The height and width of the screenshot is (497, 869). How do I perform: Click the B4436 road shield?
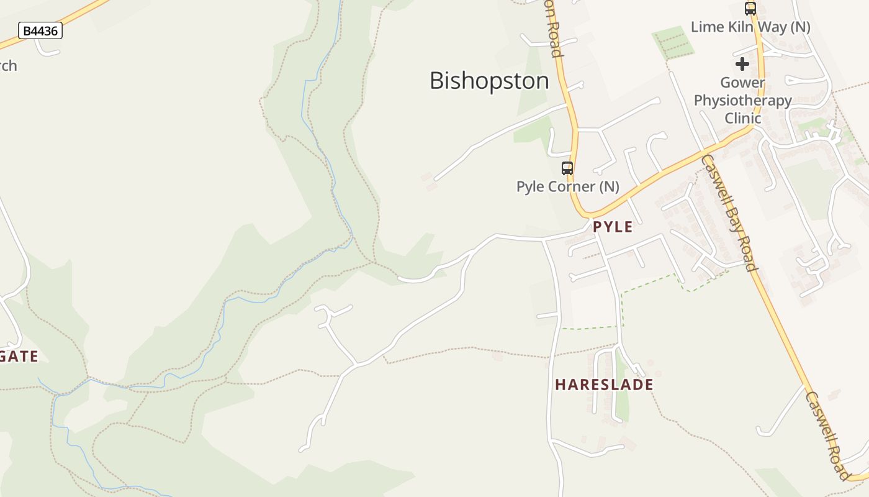(x=40, y=30)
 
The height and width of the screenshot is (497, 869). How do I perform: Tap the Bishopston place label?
(x=489, y=81)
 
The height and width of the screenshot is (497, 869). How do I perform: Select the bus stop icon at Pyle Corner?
(x=567, y=168)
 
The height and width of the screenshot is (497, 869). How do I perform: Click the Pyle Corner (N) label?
(x=567, y=186)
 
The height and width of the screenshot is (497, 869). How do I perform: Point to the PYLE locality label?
(x=613, y=227)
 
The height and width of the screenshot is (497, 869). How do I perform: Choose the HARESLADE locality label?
(x=604, y=385)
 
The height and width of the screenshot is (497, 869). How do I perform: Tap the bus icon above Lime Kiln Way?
(x=750, y=9)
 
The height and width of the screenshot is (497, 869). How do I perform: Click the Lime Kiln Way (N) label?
(x=750, y=27)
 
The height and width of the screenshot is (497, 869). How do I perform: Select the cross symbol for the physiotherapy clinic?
(x=742, y=64)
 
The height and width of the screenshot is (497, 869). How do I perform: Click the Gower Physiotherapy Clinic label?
(x=742, y=100)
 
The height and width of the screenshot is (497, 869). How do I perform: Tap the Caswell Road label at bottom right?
(x=827, y=435)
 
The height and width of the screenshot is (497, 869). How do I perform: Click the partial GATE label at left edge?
(x=19, y=357)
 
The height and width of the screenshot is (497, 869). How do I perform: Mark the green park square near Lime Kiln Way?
(x=672, y=43)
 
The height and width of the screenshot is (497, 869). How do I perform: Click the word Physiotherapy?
(x=742, y=100)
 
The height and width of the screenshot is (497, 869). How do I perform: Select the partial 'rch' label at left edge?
(x=8, y=66)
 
